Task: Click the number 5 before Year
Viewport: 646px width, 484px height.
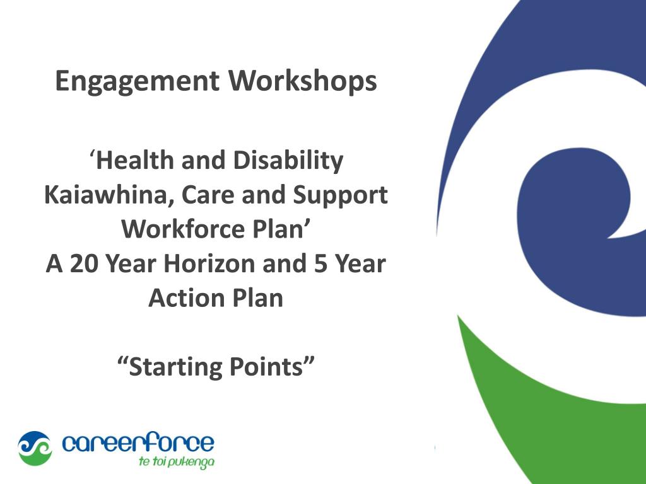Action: point(319,263)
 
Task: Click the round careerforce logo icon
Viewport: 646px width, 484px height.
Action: point(34,448)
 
